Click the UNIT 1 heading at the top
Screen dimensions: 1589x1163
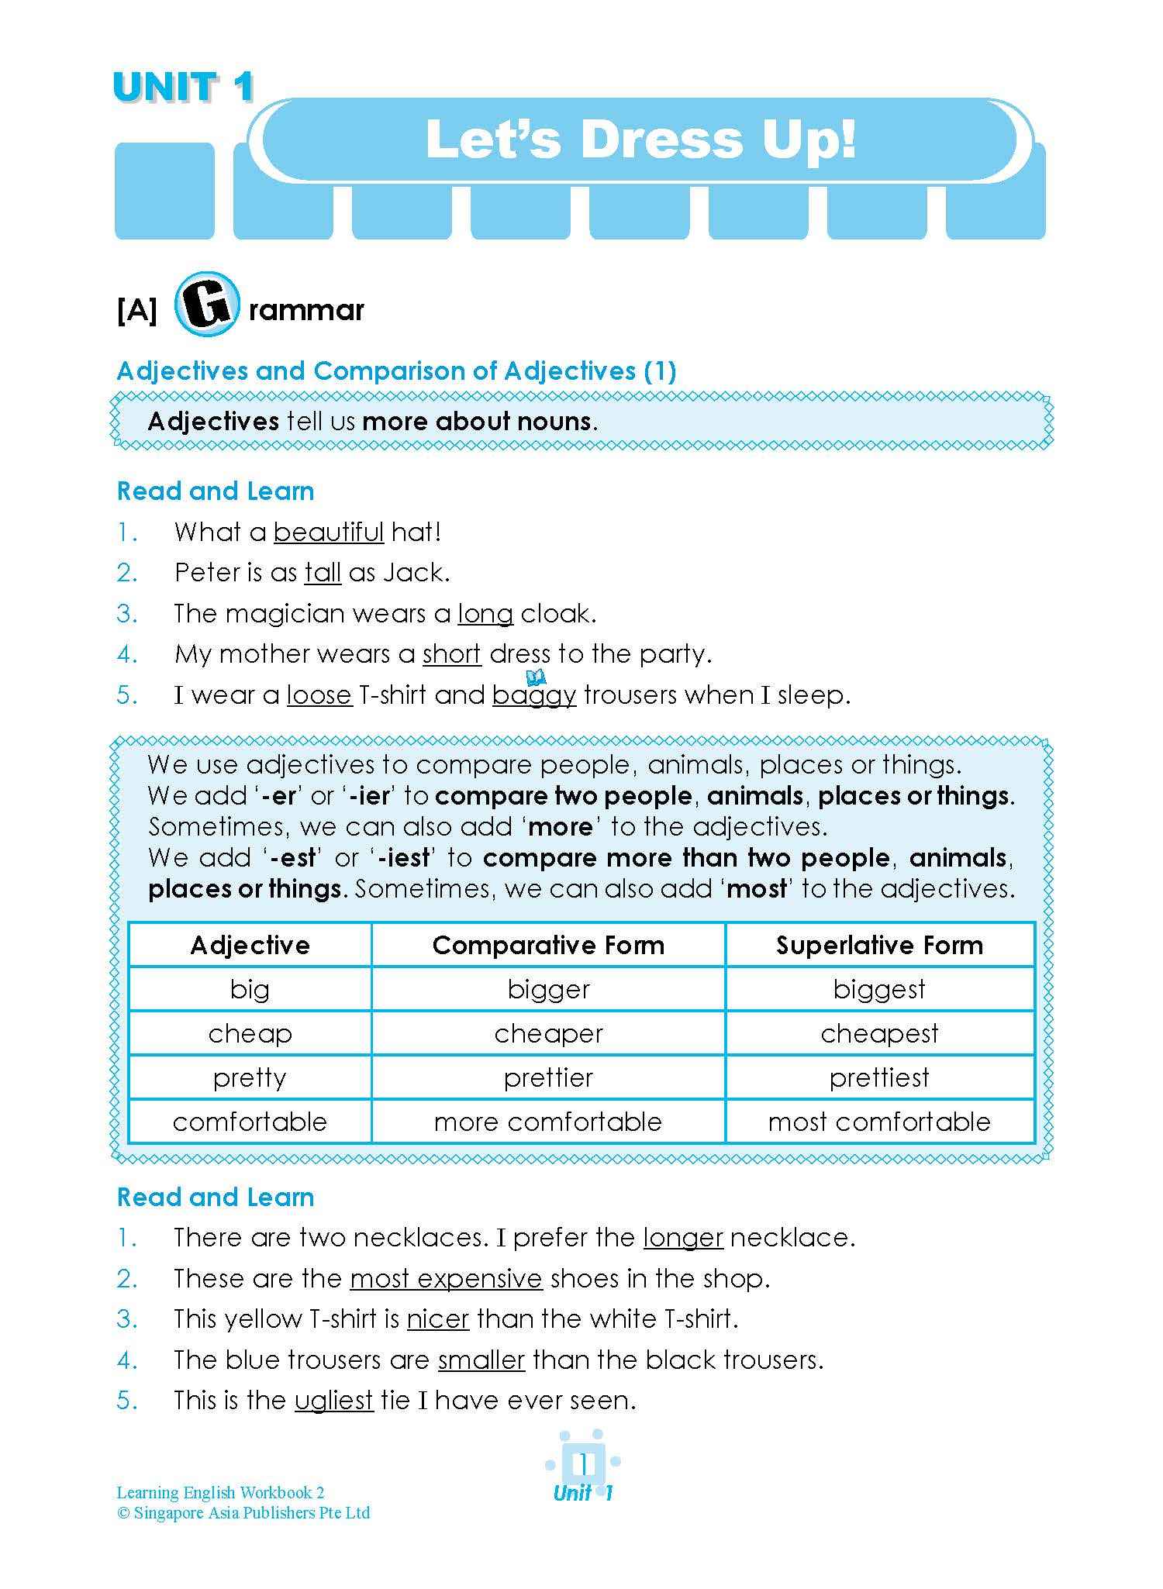coord(184,88)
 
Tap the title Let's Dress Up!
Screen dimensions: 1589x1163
coord(640,140)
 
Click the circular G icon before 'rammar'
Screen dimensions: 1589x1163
coord(205,304)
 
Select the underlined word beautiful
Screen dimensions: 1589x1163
coord(329,533)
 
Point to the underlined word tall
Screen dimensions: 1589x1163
coord(323,573)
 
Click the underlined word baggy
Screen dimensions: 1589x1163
coord(534,695)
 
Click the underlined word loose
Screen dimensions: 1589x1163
coord(319,695)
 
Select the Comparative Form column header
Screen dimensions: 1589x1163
coord(548,945)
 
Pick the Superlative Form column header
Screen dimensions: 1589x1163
coord(879,945)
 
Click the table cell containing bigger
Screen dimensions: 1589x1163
coord(548,989)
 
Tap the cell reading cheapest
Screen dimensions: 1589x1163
coord(879,1033)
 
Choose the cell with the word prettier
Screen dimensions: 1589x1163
coord(548,1077)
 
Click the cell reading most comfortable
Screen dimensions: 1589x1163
coord(879,1122)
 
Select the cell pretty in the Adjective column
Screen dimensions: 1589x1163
coord(250,1077)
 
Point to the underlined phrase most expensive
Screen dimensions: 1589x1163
coord(446,1278)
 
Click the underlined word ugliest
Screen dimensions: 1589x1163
coord(334,1400)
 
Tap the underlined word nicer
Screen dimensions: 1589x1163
coord(438,1318)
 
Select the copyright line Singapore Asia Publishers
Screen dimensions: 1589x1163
coord(243,1512)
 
